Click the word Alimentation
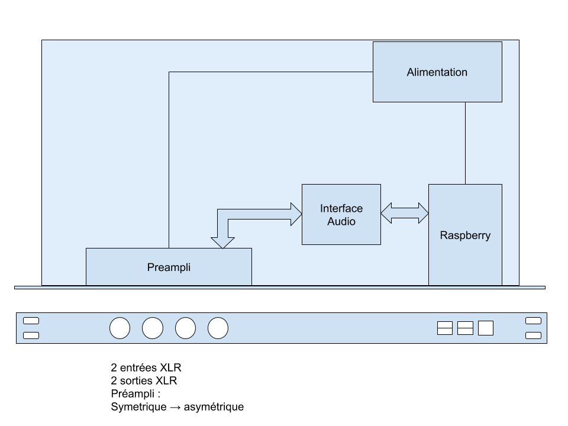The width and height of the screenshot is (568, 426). [437, 72]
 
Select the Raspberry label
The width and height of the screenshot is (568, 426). [465, 235]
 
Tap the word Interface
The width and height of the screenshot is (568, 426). [341, 208]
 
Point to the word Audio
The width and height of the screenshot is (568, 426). [341, 221]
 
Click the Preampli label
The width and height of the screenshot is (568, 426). [169, 267]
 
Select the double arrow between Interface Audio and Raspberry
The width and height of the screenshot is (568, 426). [405, 213]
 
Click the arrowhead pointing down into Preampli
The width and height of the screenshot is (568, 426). [222, 242]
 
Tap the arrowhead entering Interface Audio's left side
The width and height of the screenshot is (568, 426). [295, 214]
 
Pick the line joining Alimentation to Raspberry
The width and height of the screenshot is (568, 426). [465, 143]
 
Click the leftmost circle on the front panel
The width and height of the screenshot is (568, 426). [120, 328]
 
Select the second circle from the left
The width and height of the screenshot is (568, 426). [153, 328]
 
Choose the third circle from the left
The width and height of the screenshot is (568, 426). [185, 328]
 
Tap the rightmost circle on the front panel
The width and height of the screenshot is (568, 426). [218, 328]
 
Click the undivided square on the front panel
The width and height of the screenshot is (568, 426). [486, 328]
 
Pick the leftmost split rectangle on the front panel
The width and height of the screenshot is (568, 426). [445, 328]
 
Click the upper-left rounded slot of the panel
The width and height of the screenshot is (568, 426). [31, 321]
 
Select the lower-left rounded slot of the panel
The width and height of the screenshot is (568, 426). [31, 335]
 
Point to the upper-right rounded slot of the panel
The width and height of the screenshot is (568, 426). [533, 321]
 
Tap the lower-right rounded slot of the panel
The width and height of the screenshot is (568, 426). [533, 335]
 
